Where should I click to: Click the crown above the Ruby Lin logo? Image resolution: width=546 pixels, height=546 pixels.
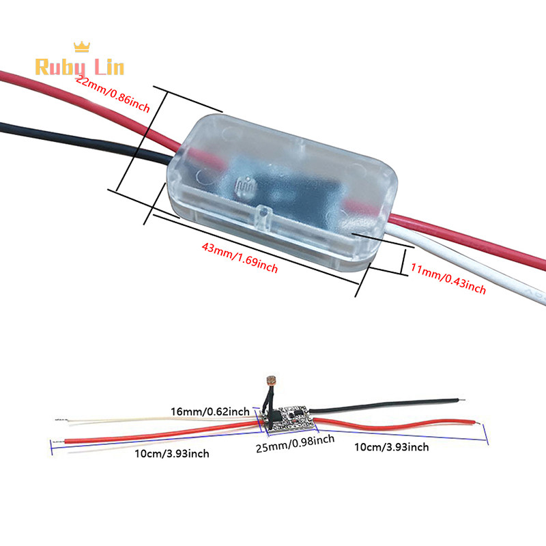click(x=82, y=46)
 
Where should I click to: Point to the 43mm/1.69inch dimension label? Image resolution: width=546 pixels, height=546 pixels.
click(x=240, y=257)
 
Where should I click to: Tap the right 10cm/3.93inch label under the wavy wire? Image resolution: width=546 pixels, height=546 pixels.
click(x=393, y=447)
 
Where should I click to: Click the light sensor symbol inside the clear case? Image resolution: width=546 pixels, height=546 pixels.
click(x=244, y=186)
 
